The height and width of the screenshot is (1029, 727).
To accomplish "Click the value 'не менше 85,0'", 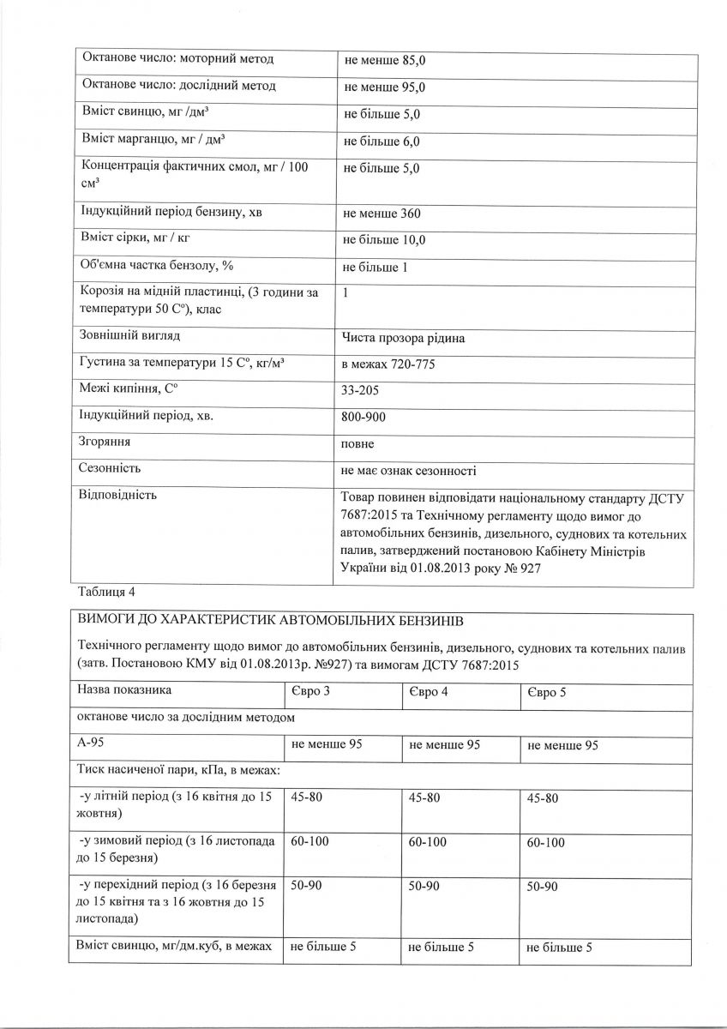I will coord(385,61).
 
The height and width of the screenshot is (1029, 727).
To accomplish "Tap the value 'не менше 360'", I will coord(382,214).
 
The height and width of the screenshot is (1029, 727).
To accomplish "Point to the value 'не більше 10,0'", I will coord(385,240).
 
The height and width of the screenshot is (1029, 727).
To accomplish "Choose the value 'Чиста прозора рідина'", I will coord(403,338).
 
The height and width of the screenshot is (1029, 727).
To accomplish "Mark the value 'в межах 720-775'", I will coord(389,365).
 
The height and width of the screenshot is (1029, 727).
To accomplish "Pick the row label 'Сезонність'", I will coord(109,469).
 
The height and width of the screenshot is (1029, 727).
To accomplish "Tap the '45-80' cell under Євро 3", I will coord(307,798).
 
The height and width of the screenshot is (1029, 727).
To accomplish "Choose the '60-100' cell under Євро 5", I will coord(546,843).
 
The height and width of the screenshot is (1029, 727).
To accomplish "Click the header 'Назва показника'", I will coord(125,690).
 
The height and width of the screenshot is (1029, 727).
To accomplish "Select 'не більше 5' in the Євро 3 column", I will coord(323,948).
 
